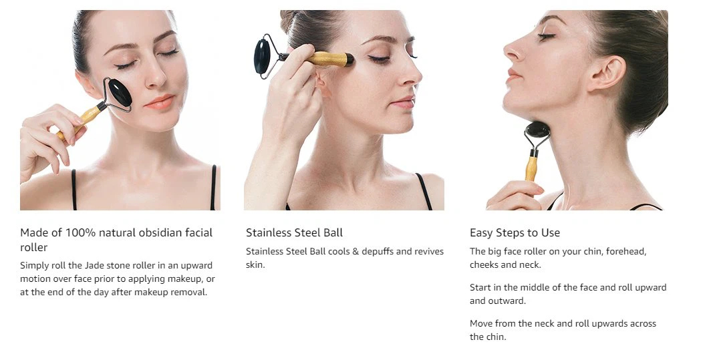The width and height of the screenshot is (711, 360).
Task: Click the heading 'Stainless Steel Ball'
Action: tap(294, 232)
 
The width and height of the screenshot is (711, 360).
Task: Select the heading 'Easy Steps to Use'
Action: tap(515, 232)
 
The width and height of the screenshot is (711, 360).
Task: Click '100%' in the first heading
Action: tap(81, 232)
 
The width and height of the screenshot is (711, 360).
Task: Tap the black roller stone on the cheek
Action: tap(120, 92)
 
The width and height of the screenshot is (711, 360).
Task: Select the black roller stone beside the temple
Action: tap(262, 57)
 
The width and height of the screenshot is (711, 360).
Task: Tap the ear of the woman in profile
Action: tap(607, 74)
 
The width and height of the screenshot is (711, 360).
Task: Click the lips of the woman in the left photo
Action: tap(160, 102)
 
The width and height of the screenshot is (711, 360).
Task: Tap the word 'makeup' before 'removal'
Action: tap(152, 293)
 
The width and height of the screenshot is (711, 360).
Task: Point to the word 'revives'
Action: tap(428, 251)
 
